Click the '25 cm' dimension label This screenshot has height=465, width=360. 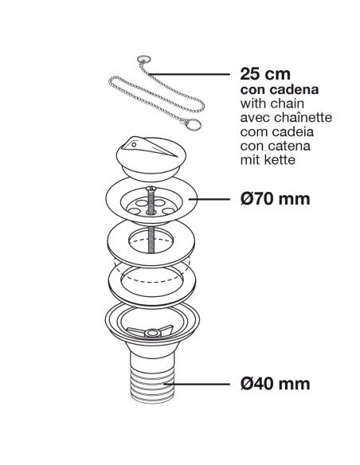(x=265, y=74)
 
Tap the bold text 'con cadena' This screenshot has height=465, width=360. (x=280, y=89)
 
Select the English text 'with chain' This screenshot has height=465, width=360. (x=272, y=104)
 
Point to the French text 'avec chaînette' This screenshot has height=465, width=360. (x=286, y=117)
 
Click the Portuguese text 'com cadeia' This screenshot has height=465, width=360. (x=277, y=131)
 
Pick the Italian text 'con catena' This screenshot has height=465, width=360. (x=276, y=146)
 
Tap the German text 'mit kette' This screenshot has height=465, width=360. (x=268, y=160)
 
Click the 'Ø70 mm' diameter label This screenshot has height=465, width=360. (x=276, y=199)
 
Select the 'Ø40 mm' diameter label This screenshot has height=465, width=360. (x=276, y=384)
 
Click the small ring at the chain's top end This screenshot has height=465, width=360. (x=142, y=59)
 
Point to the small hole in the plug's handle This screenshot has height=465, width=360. (x=134, y=145)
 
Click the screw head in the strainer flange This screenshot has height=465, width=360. (x=151, y=188)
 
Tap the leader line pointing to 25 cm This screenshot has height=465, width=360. (x=189, y=73)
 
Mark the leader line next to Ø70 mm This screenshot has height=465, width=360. (x=209, y=199)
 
